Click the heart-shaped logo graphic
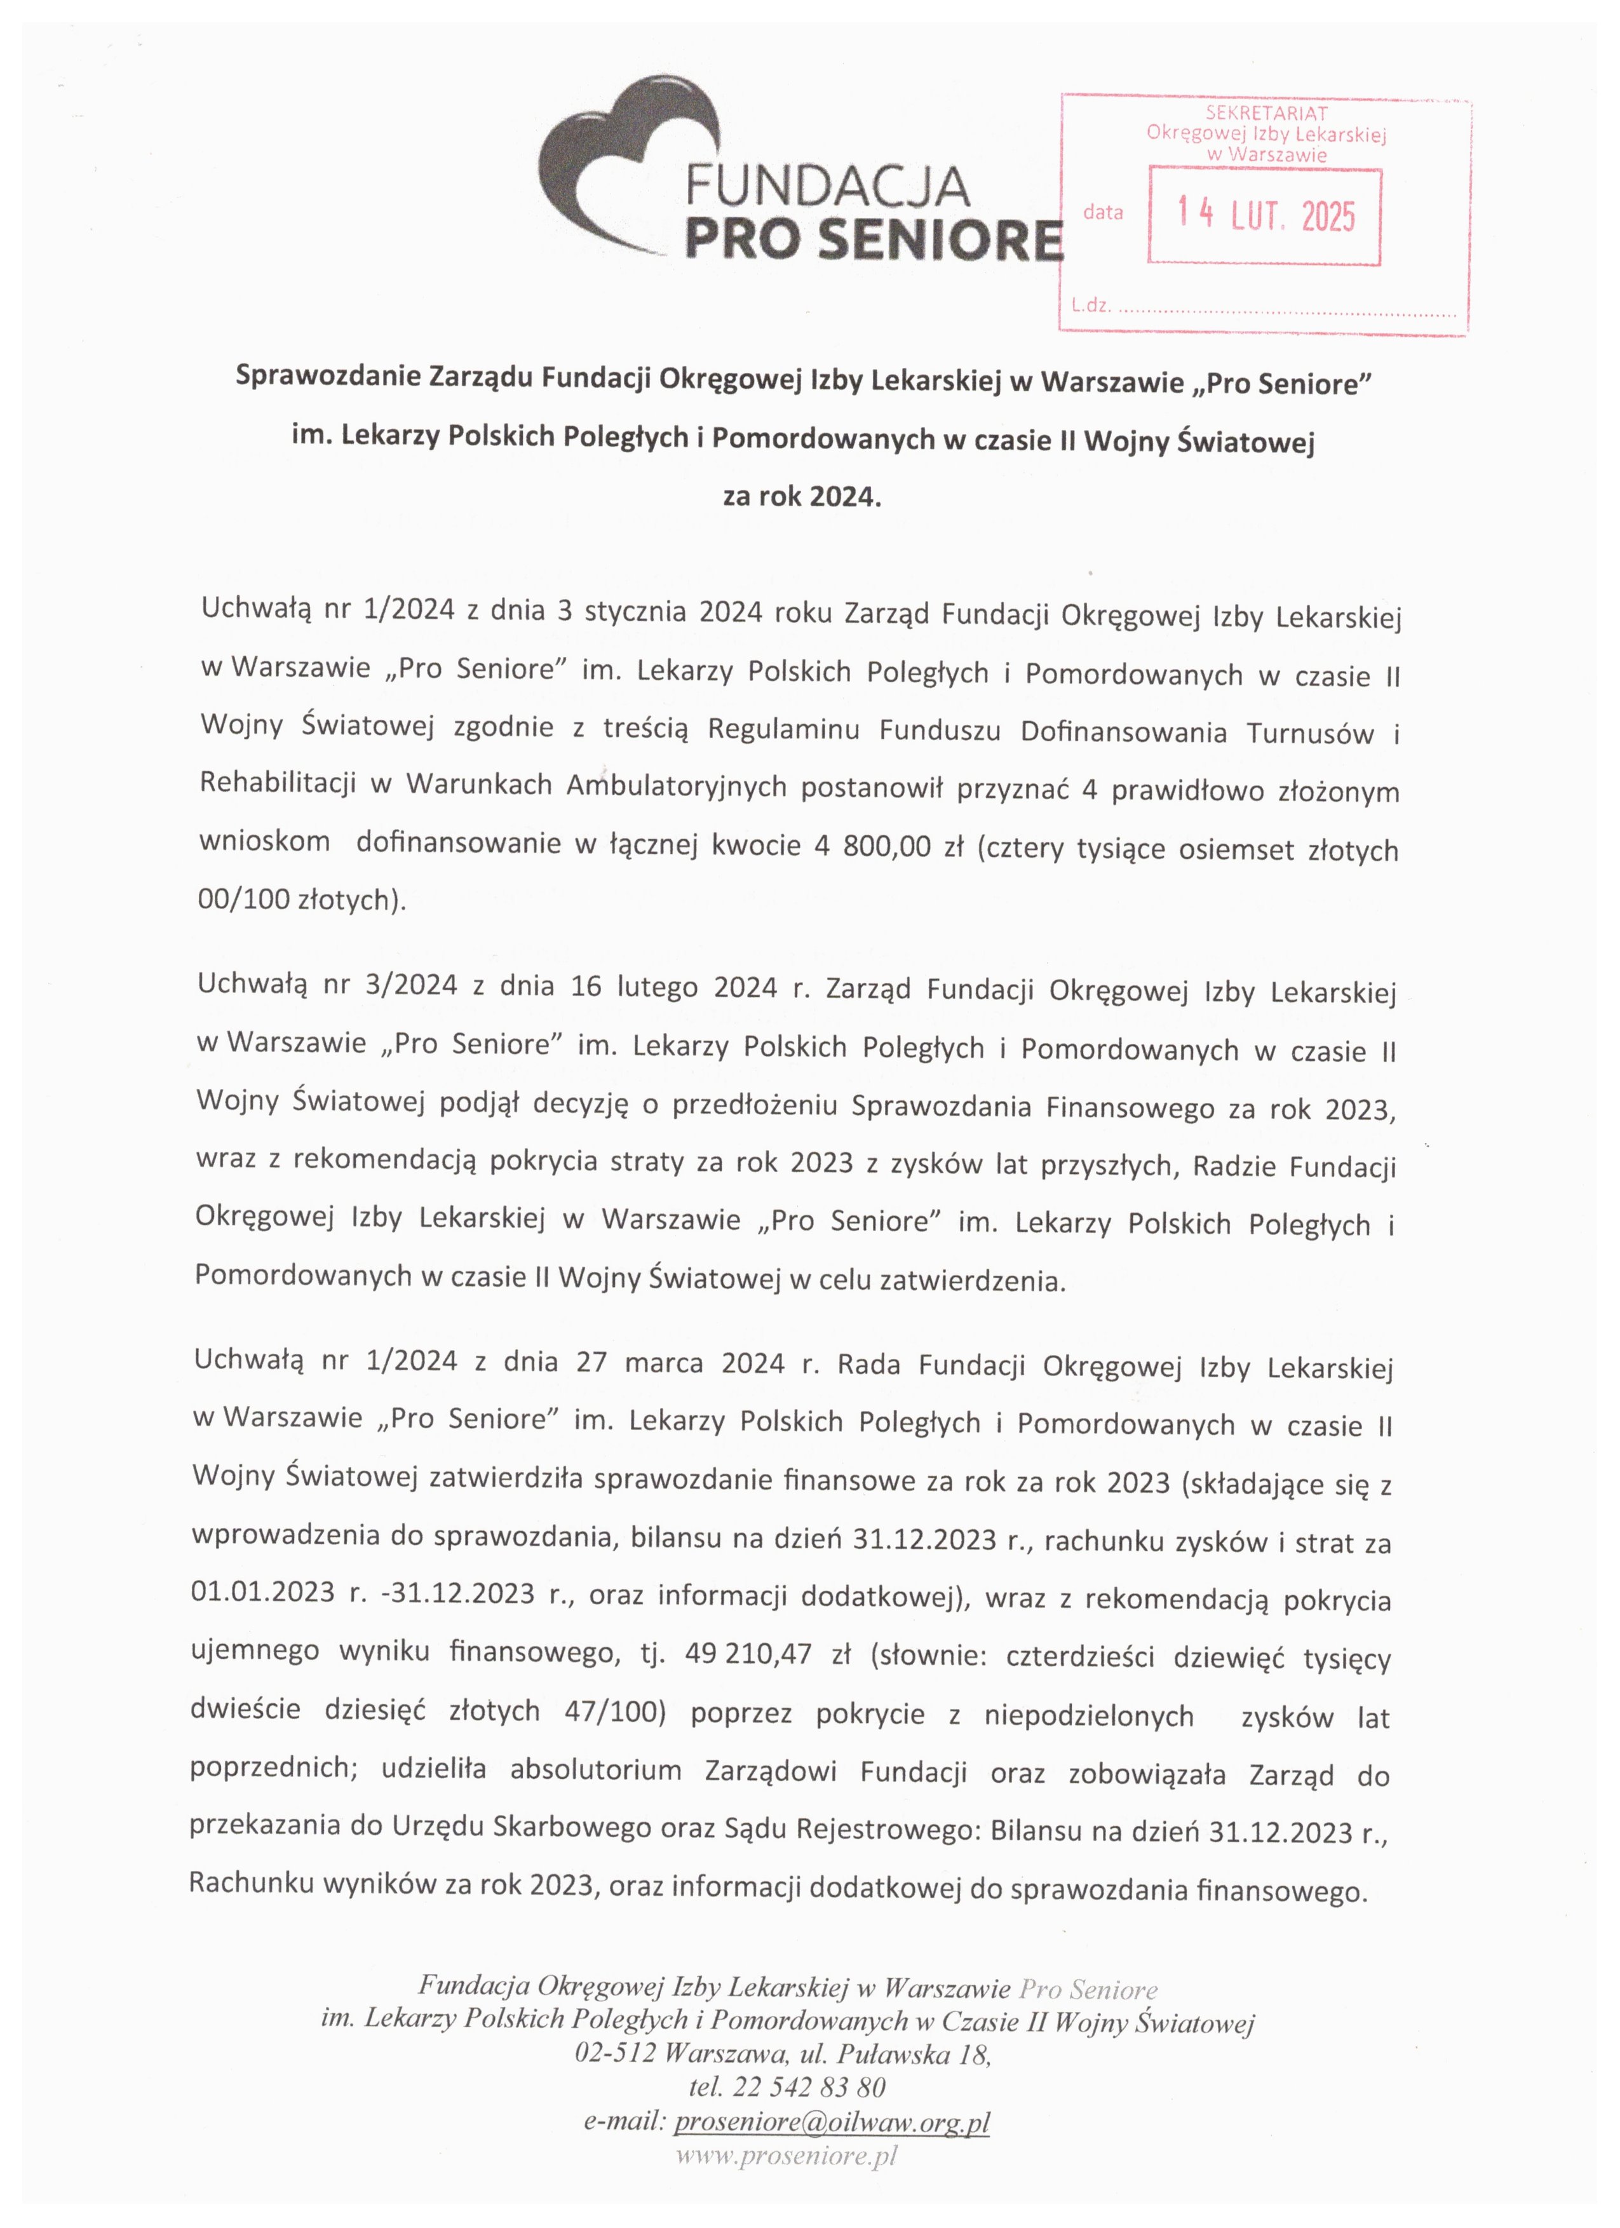629,157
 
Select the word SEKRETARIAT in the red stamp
1266,113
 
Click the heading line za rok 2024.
802,497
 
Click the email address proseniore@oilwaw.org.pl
831,2122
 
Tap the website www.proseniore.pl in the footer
786,2156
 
